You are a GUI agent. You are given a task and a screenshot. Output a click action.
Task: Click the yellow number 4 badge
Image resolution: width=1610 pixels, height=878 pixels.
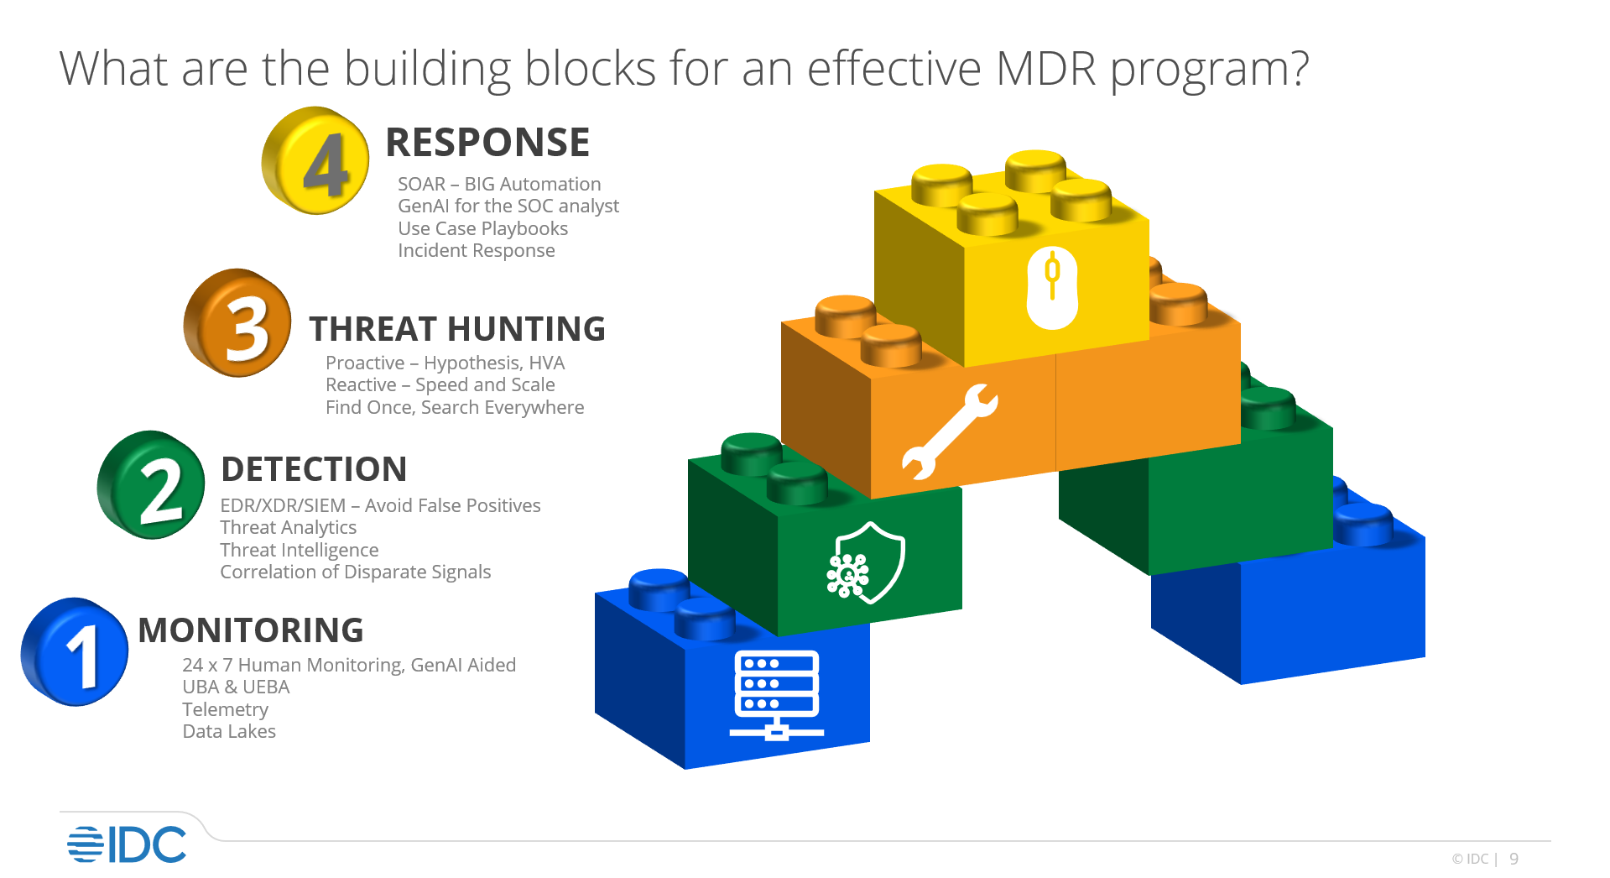click(x=315, y=160)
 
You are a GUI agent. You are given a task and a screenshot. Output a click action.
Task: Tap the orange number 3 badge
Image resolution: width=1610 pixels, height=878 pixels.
click(x=237, y=323)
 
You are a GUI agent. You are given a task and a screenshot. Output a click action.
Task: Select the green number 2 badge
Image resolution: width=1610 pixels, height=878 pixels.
click(x=151, y=485)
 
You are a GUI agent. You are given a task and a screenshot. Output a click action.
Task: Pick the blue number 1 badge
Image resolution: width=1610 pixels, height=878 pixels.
click(x=75, y=651)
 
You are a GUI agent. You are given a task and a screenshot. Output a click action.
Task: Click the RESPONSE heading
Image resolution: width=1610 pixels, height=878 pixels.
click(x=487, y=143)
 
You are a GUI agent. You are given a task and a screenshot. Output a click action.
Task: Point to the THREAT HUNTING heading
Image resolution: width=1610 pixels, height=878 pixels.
click(x=457, y=329)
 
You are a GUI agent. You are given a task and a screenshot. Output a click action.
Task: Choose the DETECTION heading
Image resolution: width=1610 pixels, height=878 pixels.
click(x=314, y=469)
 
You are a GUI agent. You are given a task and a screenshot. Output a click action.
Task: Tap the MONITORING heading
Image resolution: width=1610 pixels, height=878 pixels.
click(x=251, y=630)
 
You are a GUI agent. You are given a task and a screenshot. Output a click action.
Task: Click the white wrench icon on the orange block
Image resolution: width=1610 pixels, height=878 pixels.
click(x=949, y=431)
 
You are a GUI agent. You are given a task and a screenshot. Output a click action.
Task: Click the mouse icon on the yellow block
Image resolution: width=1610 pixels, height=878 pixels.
click(x=1052, y=287)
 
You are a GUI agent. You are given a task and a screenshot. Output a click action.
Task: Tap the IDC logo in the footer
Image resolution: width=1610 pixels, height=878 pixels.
click(x=127, y=844)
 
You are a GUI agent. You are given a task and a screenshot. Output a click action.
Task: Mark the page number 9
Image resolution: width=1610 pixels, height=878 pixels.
click(x=1514, y=859)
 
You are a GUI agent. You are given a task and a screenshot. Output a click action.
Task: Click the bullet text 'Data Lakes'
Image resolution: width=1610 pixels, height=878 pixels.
click(x=229, y=731)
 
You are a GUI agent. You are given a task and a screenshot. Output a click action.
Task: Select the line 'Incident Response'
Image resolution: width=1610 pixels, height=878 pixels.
click(x=476, y=250)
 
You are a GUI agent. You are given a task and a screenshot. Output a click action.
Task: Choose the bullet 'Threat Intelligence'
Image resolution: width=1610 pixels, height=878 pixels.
click(x=299, y=550)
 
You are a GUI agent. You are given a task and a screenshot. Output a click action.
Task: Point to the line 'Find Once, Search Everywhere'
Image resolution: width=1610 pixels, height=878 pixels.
click(x=455, y=407)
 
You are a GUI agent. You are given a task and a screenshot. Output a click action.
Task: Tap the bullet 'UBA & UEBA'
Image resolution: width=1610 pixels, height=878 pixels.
click(x=236, y=687)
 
